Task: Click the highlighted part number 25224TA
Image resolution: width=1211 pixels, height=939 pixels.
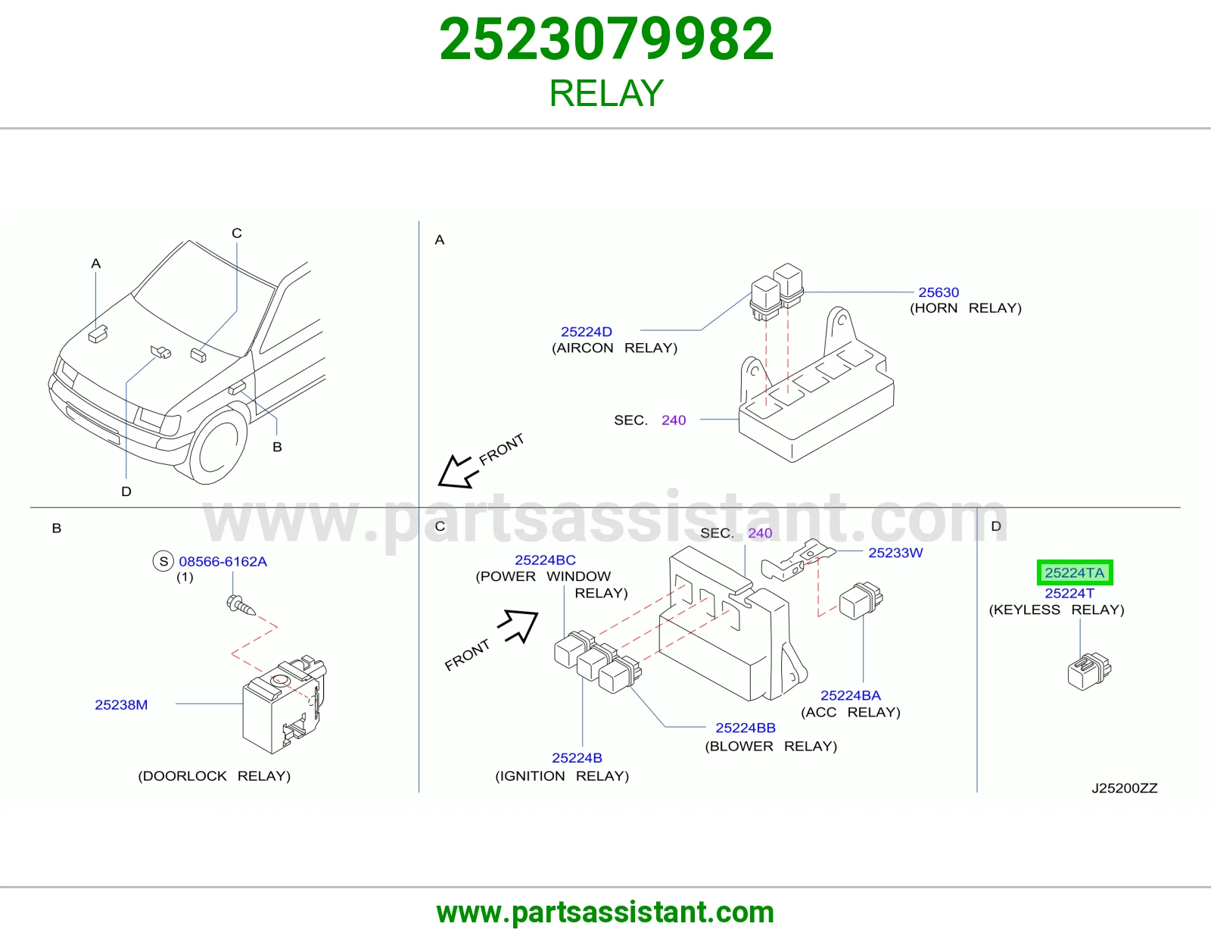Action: click(x=1075, y=572)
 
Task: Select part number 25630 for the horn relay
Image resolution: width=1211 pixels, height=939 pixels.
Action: click(x=939, y=292)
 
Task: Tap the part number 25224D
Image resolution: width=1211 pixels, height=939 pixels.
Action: click(x=587, y=332)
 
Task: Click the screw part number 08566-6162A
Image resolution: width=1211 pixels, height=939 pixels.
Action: click(x=223, y=561)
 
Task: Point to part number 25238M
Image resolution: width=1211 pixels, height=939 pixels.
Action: click(x=121, y=705)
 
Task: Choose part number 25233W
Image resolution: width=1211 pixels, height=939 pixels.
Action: click(x=895, y=553)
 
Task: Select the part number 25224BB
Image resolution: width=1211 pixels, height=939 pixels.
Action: click(x=746, y=728)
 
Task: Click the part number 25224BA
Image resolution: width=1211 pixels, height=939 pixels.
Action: click(x=851, y=695)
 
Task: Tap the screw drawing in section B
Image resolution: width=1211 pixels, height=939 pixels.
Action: click(x=241, y=604)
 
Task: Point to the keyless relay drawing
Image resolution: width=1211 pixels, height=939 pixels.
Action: click(x=1089, y=672)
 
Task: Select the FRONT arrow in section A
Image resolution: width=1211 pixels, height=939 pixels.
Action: click(x=458, y=472)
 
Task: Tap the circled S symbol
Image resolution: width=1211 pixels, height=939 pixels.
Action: click(x=163, y=561)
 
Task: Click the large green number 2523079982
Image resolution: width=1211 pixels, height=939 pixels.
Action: click(x=606, y=39)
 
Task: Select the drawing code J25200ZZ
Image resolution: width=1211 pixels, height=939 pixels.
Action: click(x=1125, y=788)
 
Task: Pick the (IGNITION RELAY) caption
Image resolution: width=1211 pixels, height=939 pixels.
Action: click(x=562, y=775)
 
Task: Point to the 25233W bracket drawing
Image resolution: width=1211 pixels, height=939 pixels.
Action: click(x=799, y=560)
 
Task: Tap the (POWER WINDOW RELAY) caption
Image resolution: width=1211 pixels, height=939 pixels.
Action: click(x=552, y=585)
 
